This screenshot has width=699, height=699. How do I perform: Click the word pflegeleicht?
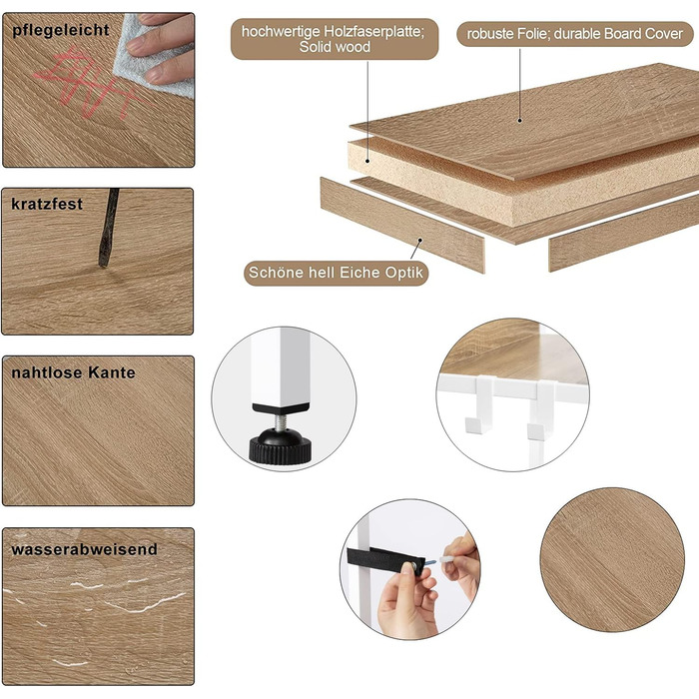point(61,30)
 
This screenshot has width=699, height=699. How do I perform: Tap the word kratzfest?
point(47,204)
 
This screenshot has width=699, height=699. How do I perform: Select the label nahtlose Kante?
point(73,372)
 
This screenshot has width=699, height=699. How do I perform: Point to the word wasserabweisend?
point(84,549)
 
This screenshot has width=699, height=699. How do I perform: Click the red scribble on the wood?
point(89,83)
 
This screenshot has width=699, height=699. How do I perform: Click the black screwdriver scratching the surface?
point(108,228)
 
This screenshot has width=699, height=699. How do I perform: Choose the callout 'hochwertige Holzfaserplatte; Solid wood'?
point(335,39)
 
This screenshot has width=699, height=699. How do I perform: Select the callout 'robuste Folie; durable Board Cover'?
point(574,34)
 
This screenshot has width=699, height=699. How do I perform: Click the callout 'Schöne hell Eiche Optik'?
point(336,273)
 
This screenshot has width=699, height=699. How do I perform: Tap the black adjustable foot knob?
point(280,445)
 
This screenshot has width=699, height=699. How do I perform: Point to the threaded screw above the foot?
point(280,421)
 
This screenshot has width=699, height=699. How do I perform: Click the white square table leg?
point(281,369)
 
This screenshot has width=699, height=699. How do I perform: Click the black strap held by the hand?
point(384,561)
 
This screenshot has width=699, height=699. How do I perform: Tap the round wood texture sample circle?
point(612,559)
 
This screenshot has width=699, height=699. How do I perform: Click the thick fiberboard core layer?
point(512,188)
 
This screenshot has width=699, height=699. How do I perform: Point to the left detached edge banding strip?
point(402,225)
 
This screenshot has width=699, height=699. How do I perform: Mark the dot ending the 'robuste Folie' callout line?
point(519,121)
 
